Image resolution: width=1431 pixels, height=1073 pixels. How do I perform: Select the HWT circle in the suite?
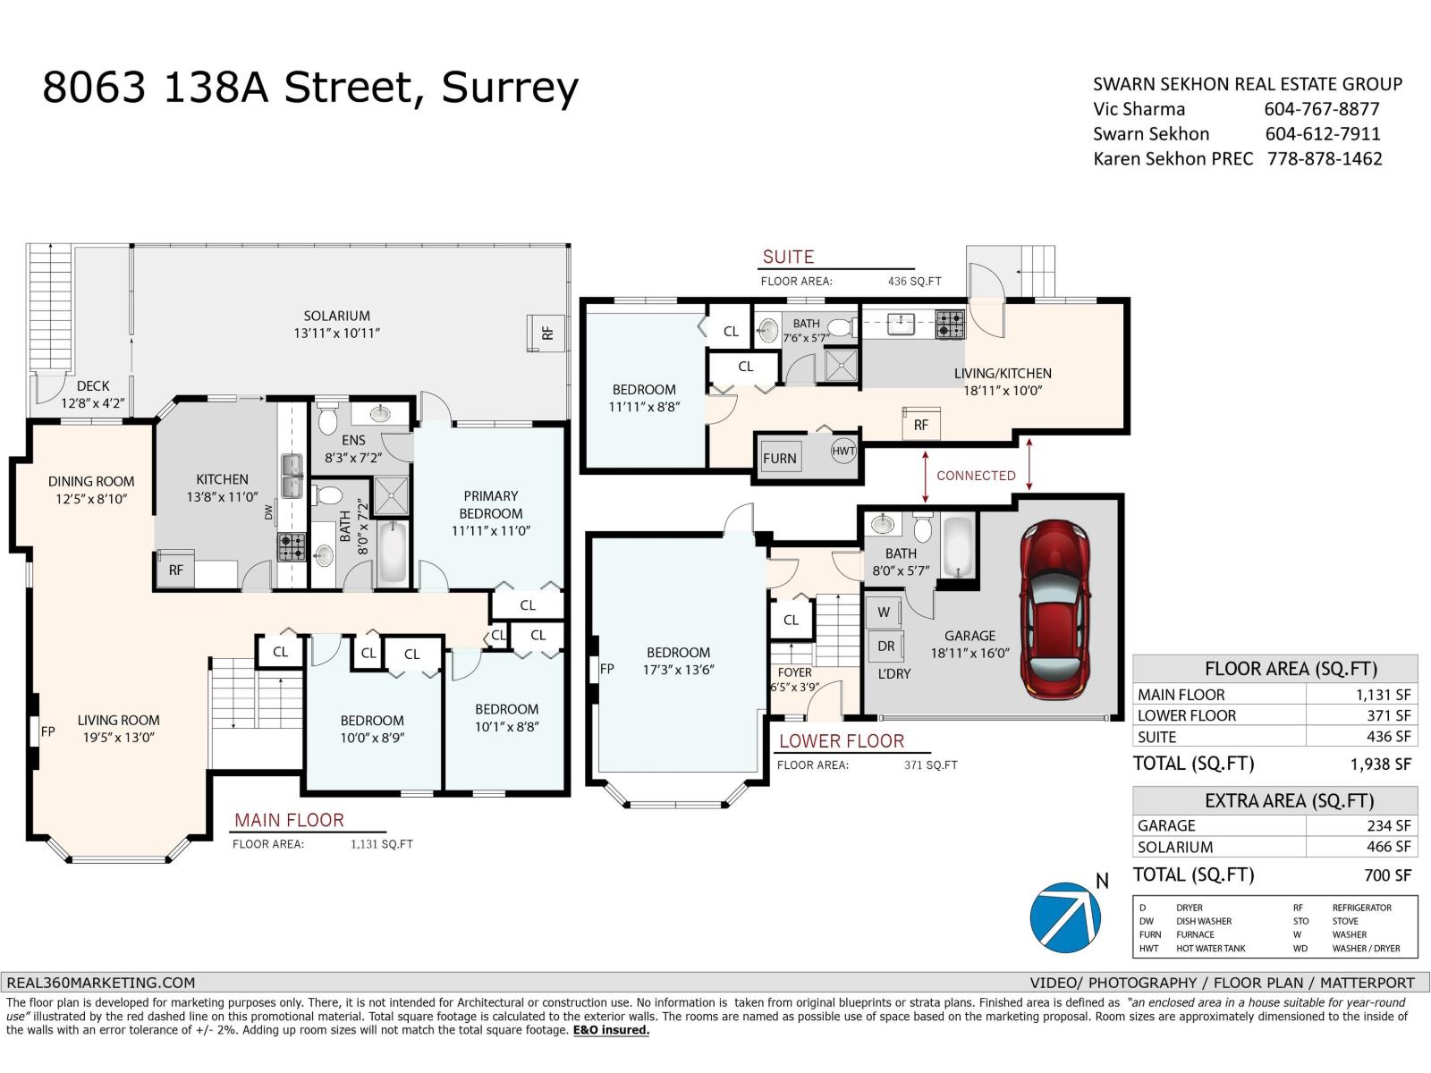click(x=843, y=451)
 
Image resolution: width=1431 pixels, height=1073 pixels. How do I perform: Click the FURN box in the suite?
click(x=780, y=458)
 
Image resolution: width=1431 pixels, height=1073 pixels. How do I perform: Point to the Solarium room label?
click(x=336, y=324)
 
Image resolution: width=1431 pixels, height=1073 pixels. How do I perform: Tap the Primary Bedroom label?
click(x=490, y=513)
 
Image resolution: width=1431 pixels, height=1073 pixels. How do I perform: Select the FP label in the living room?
click(x=47, y=731)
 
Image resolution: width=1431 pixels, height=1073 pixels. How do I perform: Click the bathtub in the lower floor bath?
click(x=956, y=545)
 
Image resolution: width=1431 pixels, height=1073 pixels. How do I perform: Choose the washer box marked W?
click(x=884, y=613)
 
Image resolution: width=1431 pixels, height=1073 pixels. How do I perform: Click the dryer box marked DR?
click(x=885, y=646)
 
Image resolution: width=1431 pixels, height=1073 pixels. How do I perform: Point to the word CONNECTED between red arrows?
click(x=976, y=476)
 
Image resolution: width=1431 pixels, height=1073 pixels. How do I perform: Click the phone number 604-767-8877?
click(x=1321, y=109)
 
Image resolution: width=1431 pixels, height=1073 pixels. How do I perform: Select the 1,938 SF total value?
click(x=1380, y=764)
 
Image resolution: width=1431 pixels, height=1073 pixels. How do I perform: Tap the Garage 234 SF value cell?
click(x=1388, y=825)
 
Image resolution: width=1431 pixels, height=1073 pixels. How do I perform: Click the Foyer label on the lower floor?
click(x=794, y=672)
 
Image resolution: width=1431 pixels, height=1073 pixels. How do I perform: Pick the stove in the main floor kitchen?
click(x=291, y=546)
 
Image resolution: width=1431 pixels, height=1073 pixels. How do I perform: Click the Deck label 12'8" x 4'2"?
click(x=93, y=393)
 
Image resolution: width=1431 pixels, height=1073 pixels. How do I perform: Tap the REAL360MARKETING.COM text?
click(x=100, y=982)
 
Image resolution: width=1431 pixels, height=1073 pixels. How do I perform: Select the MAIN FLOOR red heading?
click(x=289, y=820)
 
